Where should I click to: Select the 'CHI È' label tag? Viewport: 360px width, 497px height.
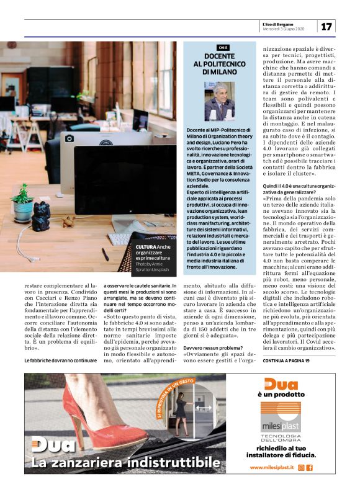tap(223, 47)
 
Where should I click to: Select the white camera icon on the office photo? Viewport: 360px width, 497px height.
tap(69, 138)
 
